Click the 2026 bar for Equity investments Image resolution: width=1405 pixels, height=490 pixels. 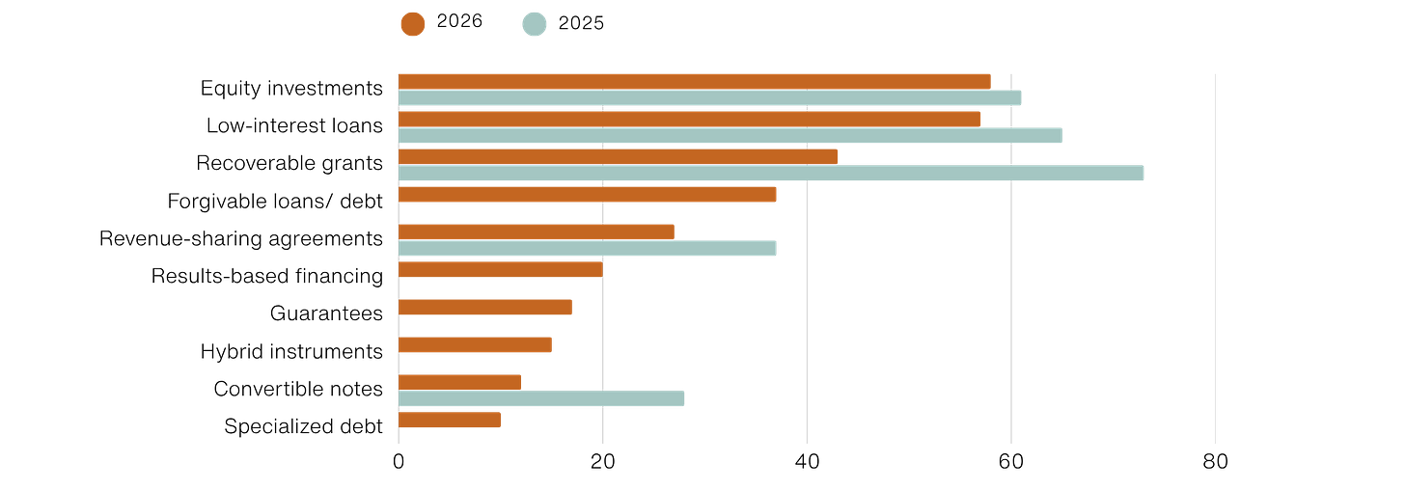(695, 81)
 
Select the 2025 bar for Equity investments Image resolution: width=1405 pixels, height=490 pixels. (709, 97)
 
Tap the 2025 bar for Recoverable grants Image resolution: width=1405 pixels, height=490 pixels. (771, 173)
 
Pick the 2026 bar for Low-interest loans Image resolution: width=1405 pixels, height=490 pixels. (689, 119)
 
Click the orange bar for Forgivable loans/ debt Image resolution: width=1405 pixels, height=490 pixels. (587, 194)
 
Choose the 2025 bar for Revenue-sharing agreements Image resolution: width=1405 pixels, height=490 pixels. (587, 248)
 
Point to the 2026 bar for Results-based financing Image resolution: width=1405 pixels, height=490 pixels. (501, 269)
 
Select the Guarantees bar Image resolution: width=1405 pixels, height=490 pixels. (484, 307)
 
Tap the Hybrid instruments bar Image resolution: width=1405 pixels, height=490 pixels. (475, 344)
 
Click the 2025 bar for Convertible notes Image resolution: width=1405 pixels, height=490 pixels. (541, 398)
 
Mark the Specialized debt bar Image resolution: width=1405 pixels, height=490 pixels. (449, 420)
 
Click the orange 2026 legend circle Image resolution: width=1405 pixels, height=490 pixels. (413, 24)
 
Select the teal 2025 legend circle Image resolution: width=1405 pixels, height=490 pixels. (535, 24)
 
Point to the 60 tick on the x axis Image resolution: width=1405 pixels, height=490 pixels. (1011, 462)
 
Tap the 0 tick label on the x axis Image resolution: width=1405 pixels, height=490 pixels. (399, 462)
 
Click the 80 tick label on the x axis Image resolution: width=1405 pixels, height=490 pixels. (1215, 462)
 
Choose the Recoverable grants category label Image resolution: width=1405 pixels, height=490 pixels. (289, 163)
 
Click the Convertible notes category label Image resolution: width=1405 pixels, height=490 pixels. (298, 389)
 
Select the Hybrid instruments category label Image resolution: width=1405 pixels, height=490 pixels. (291, 351)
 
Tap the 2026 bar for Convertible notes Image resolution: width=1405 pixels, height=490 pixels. (459, 382)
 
